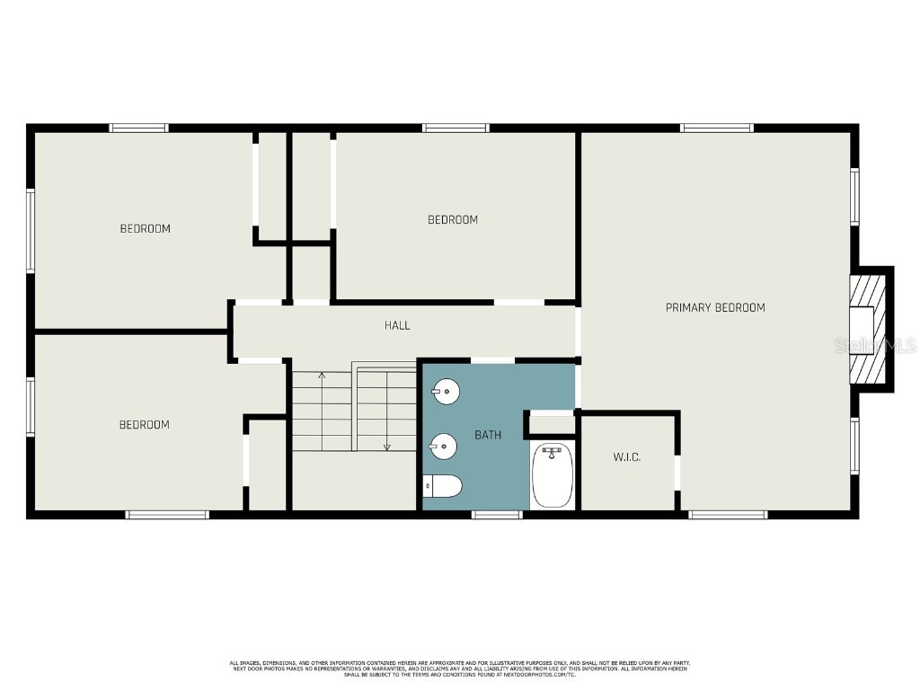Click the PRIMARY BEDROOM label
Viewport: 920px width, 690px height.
pyautogui.click(x=715, y=308)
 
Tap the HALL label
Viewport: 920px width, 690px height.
pyautogui.click(x=397, y=325)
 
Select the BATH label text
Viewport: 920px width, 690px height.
pyautogui.click(x=488, y=435)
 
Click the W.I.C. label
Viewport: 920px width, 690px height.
pyautogui.click(x=626, y=458)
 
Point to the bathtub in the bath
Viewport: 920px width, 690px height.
pyautogui.click(x=553, y=477)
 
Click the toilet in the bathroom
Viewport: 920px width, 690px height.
pyautogui.click(x=443, y=486)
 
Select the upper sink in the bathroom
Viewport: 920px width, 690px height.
pyautogui.click(x=445, y=391)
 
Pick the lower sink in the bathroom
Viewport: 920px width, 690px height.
pyautogui.click(x=443, y=444)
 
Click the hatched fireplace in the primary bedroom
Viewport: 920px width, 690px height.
pyautogui.click(x=869, y=330)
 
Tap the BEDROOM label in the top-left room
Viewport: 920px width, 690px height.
pyautogui.click(x=145, y=229)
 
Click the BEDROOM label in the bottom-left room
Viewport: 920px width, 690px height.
pyautogui.click(x=144, y=425)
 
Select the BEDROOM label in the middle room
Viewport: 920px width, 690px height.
pyautogui.click(x=452, y=220)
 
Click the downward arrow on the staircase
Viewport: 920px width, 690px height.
pyautogui.click(x=387, y=446)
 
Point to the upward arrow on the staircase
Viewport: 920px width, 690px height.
pyautogui.click(x=322, y=375)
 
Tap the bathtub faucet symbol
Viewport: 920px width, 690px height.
pyautogui.click(x=553, y=450)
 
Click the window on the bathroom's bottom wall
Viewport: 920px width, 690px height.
pyautogui.click(x=497, y=515)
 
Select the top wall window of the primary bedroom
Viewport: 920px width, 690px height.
pyautogui.click(x=717, y=128)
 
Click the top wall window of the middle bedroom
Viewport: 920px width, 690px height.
pyautogui.click(x=456, y=128)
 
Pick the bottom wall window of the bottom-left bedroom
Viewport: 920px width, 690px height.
pyautogui.click(x=167, y=515)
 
